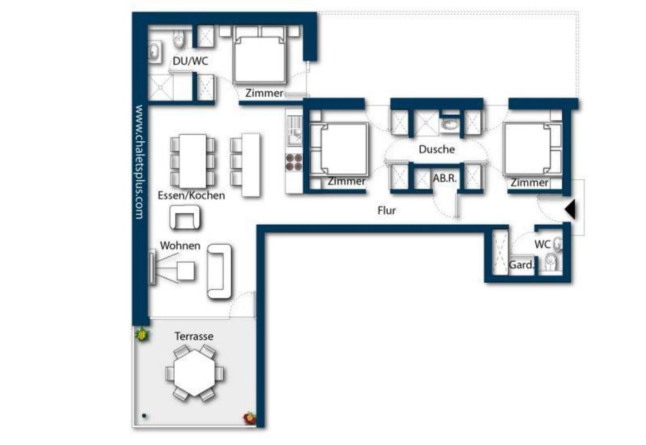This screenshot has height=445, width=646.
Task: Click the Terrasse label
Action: coord(194,336)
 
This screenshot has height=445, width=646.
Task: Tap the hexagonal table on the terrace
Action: coord(195,373)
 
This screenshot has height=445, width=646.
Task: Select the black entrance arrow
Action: coord(570,209)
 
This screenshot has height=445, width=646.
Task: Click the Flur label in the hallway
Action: coord(386,210)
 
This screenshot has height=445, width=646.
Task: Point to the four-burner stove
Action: coord(294,162)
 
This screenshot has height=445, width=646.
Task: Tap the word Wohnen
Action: coord(180,246)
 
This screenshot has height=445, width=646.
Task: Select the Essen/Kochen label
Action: coord(191,195)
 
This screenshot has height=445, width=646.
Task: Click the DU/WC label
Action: coord(190,61)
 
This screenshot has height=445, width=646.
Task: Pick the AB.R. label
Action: coord(445,178)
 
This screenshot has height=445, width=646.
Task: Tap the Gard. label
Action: coord(521,265)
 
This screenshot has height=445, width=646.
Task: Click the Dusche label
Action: coord(436,149)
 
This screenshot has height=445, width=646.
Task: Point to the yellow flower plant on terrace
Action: coord(142,334)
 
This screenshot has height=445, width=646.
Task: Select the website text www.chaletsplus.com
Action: coord(140,162)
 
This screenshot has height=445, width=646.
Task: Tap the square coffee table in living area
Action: coord(185,271)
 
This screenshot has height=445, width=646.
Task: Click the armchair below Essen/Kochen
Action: coord(185,218)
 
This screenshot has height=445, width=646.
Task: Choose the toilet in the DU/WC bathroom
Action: coord(178,39)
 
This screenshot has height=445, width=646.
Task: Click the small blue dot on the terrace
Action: coord(144,416)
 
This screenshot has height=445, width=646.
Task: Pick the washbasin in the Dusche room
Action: coord(449,125)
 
